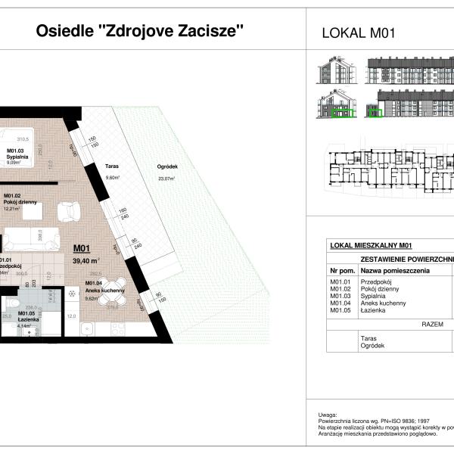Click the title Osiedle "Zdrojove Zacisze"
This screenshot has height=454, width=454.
click(140, 32)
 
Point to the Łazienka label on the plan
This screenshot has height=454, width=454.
click(28, 319)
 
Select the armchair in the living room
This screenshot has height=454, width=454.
click(70, 208)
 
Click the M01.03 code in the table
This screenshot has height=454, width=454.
click(340, 296)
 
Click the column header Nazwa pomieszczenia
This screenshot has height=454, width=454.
click(394, 270)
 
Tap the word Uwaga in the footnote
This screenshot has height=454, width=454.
click(328, 415)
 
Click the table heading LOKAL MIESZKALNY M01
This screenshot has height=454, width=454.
click(372, 245)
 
